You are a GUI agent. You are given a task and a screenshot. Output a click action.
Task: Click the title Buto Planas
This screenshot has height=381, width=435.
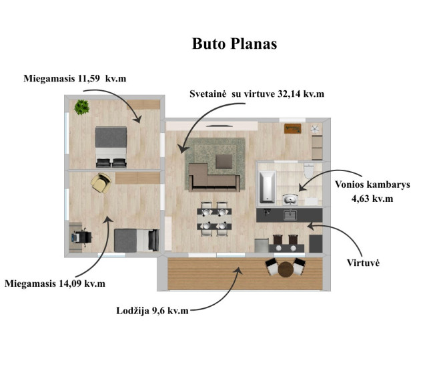click(234, 44)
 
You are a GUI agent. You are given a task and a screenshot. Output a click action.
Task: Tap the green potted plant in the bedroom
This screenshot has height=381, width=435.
click(82, 107)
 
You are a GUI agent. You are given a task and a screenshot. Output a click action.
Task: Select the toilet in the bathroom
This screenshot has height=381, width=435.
click(309, 170)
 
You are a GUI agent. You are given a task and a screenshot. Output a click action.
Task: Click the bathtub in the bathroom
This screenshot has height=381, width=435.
click(268, 186)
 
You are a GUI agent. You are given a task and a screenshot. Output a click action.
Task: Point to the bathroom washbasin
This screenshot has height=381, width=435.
click(290, 200)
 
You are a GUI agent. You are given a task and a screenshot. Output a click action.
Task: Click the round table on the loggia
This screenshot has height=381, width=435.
click(286, 269)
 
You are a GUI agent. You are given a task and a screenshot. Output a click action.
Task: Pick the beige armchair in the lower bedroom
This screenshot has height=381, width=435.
click(101, 182)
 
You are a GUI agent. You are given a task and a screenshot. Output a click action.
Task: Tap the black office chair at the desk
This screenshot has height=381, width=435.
click(82, 237)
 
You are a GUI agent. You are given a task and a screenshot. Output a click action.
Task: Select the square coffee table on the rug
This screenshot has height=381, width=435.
click(224, 162)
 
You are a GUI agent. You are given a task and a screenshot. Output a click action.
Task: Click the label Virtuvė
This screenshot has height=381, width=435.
click(363, 263)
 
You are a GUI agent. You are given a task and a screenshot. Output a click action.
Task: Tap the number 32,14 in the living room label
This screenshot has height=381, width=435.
click(289, 94)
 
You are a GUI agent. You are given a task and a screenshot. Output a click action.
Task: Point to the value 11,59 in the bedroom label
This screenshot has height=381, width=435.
click(89, 78)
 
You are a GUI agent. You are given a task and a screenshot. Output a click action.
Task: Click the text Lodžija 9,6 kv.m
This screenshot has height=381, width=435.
click(152, 311)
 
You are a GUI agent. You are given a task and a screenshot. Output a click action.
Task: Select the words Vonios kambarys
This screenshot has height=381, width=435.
click(372, 184)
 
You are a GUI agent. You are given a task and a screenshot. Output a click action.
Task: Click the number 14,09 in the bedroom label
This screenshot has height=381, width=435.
click(71, 283)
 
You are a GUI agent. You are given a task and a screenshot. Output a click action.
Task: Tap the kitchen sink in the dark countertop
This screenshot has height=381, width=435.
click(290, 215)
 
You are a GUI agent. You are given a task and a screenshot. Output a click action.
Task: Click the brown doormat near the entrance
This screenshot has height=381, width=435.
click(293, 128)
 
